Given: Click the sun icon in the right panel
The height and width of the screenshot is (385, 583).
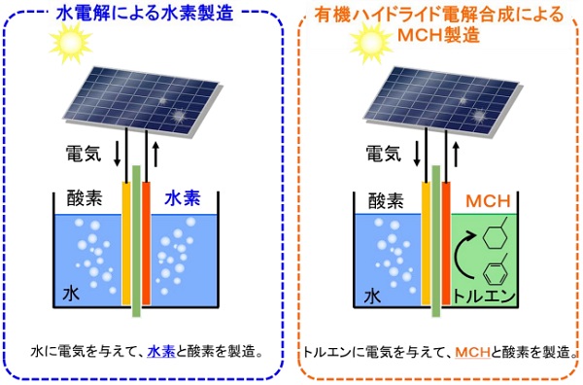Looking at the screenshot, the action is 369,41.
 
